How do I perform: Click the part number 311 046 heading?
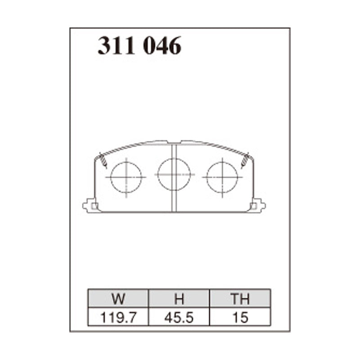(x=139, y=46)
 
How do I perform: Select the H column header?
(x=179, y=299)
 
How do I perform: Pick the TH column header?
(x=239, y=299)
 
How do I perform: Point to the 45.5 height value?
(x=179, y=318)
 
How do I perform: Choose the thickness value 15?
(x=239, y=318)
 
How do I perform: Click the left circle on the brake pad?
(x=126, y=176)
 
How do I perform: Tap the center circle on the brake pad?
(x=174, y=174)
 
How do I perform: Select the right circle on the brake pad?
(x=222, y=176)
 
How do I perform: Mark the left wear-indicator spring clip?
(x=103, y=160)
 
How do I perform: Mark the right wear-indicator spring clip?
(x=245, y=160)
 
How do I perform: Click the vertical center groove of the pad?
(x=174, y=198)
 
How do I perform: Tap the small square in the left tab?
(x=94, y=206)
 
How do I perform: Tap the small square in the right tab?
(x=254, y=206)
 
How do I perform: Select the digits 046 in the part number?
(x=162, y=46)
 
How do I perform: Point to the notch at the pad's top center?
(x=174, y=142)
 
